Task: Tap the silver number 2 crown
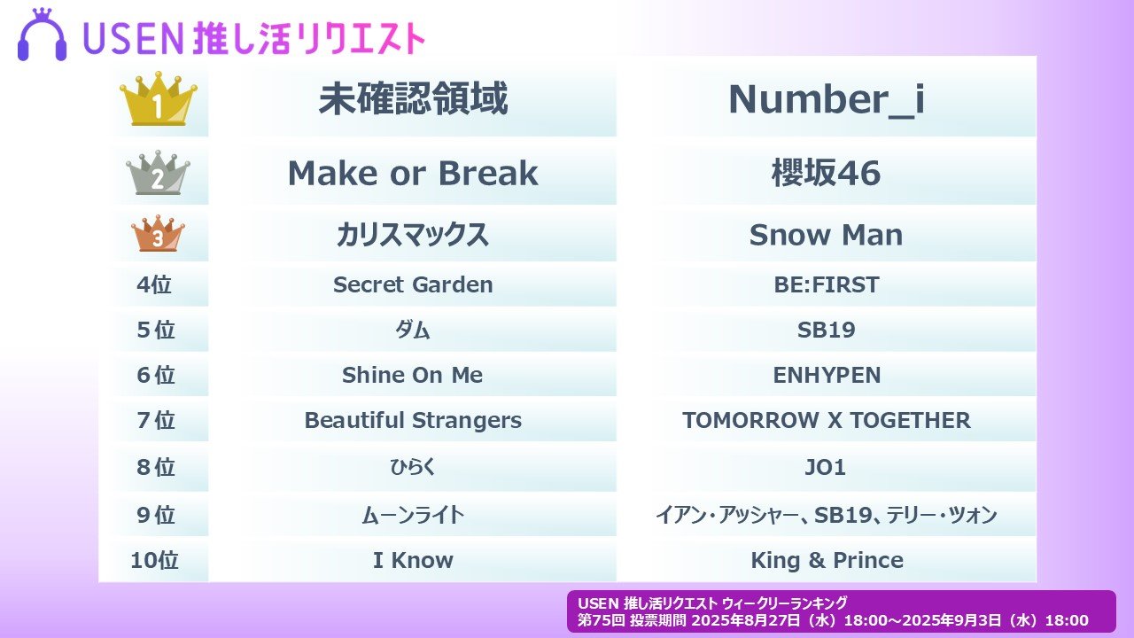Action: tap(158, 173)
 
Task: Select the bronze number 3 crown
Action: tap(158, 233)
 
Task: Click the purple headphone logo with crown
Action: tap(42, 35)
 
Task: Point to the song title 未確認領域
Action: tap(413, 98)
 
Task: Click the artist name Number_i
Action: tap(827, 99)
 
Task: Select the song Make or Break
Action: tap(413, 173)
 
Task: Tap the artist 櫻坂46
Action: tap(827, 173)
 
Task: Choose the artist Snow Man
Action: tap(827, 235)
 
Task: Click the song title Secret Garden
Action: tap(413, 284)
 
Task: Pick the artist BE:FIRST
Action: tap(827, 284)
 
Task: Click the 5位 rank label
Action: tap(156, 330)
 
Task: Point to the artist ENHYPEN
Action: tap(827, 375)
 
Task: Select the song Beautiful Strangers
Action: tap(413, 420)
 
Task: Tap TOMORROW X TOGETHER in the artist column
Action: tap(827, 420)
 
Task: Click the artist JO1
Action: tap(825, 467)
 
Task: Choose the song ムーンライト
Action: tap(413, 515)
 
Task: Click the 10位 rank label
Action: tap(154, 561)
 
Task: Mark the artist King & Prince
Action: tap(827, 561)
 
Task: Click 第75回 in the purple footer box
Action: tap(602, 620)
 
